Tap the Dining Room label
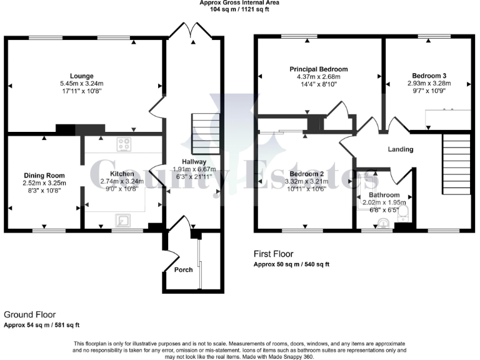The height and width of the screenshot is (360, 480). pos(44,175)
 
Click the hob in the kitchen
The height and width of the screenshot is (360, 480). pos(123,144)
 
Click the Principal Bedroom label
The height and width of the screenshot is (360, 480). pos(318,69)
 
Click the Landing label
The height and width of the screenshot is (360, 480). pos(400,149)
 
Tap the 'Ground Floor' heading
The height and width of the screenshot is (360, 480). pos(29,314)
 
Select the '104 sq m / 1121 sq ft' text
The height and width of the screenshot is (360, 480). pos(239,9)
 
